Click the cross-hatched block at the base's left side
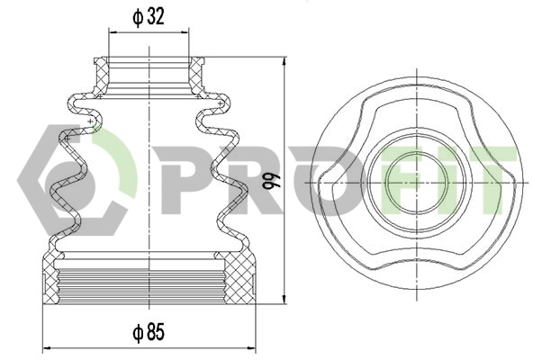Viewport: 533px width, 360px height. tap(57, 280)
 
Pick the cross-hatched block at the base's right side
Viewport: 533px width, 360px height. tap(239, 280)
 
